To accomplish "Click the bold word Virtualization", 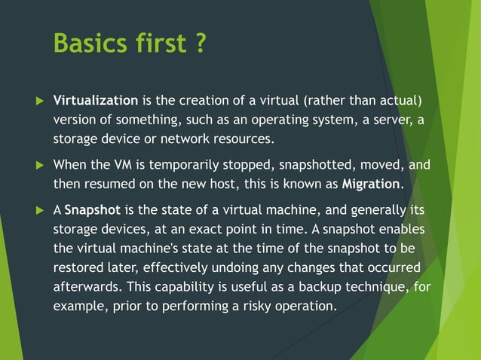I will (96, 101).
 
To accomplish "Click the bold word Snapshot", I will (87, 210).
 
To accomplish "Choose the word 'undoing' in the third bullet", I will (222, 267).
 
